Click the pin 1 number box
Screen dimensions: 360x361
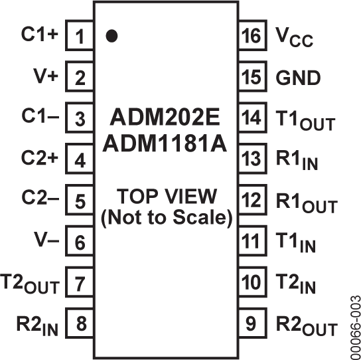(80, 37)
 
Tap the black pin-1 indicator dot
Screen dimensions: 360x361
(111, 36)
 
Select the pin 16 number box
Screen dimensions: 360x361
(252, 37)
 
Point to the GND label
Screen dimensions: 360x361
(298, 78)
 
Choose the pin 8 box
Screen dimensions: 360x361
(80, 325)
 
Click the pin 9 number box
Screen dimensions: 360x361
(252, 325)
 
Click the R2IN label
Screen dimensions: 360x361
(36, 325)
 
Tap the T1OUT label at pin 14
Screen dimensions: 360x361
(303, 122)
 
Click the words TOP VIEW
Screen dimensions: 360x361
(166, 197)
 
